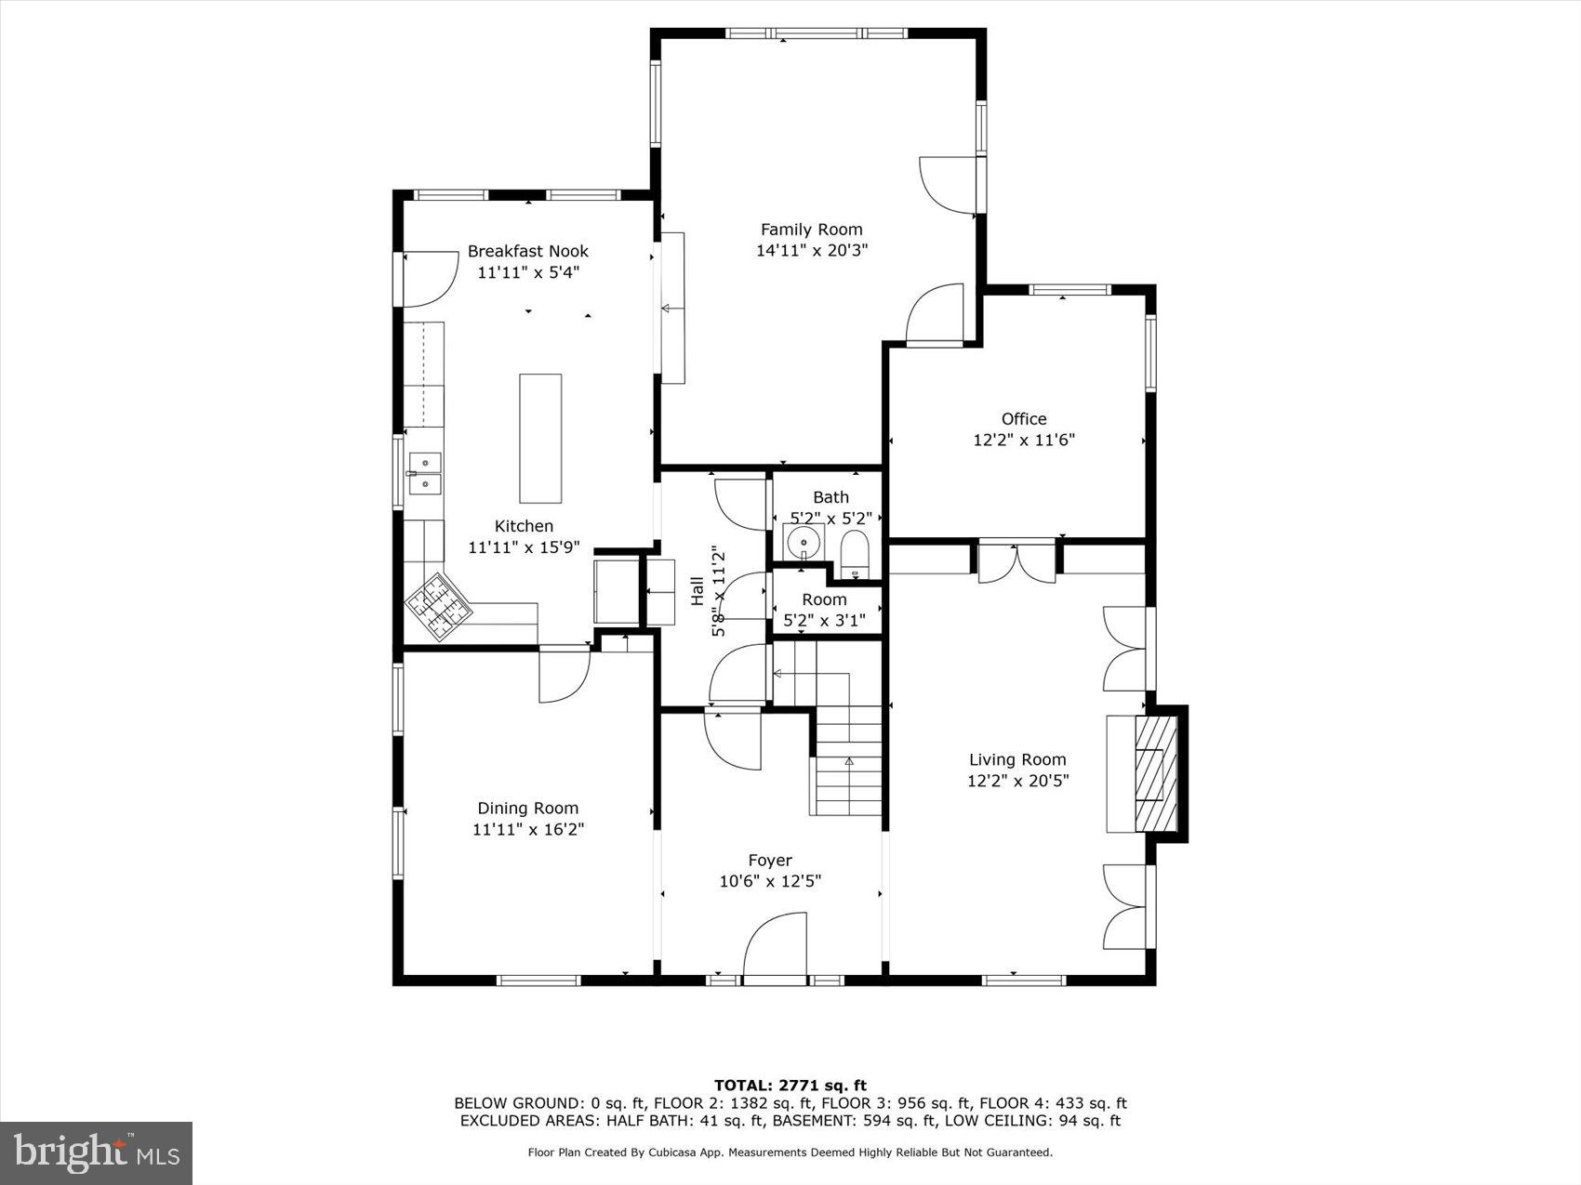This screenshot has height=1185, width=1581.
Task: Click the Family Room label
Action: point(811,230)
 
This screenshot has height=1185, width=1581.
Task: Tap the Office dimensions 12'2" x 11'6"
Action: point(1023,440)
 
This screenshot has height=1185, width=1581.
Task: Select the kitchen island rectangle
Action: point(540,438)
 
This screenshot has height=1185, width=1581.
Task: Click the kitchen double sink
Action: point(425,472)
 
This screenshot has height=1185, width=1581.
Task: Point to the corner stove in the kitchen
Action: point(438,606)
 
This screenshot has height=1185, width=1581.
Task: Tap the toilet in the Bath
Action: point(854,553)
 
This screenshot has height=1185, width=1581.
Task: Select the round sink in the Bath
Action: point(803,542)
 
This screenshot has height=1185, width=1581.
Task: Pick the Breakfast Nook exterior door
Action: point(427,279)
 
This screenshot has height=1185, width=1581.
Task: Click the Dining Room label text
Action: point(527,809)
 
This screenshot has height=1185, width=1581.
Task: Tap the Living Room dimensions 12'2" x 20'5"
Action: point(1017,781)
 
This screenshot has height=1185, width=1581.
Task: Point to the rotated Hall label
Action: point(697,591)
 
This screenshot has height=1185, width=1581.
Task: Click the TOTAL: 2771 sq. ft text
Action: point(790,1085)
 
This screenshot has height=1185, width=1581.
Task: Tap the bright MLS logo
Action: point(96,1152)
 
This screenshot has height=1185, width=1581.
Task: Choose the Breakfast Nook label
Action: point(527,251)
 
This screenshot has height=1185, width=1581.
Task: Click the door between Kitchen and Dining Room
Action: point(564,675)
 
